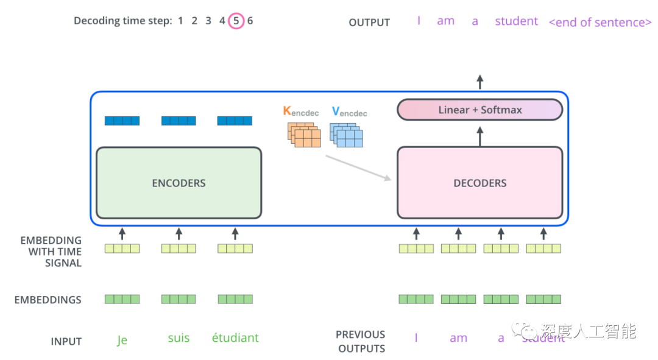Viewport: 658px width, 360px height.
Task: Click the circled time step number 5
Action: tap(236, 21)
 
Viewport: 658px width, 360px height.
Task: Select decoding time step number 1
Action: tap(180, 21)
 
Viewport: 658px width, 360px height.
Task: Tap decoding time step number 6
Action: tap(250, 21)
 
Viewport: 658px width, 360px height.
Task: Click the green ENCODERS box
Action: tap(179, 183)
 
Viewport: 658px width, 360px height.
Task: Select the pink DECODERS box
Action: tap(479, 183)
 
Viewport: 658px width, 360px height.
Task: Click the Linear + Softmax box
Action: tap(479, 110)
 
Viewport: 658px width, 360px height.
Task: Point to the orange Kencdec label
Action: tap(301, 112)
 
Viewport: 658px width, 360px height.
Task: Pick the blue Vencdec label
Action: tap(349, 112)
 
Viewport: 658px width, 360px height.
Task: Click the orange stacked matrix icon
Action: tap(304, 135)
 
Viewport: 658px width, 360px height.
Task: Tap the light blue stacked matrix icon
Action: tap(346, 135)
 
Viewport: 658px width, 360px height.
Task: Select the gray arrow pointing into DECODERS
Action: tap(358, 168)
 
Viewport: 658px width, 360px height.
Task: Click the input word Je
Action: tap(122, 340)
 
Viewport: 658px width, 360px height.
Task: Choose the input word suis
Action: tap(179, 338)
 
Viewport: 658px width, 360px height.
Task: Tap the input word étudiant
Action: tap(235, 337)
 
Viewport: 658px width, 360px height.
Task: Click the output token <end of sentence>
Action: tap(600, 23)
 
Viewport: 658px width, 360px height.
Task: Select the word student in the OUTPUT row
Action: tap(516, 21)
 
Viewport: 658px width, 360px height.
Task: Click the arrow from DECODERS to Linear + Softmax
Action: tap(479, 136)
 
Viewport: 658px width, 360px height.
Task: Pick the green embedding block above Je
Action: tap(122, 299)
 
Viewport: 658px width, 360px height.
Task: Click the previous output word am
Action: tap(458, 338)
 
